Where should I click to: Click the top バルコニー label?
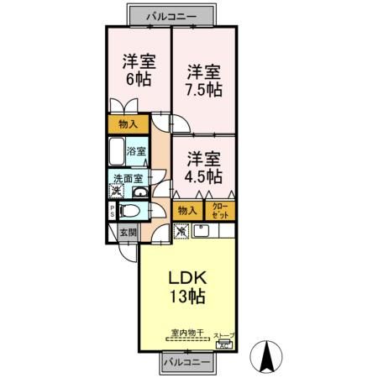tap(171, 15)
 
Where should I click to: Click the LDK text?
tap(188, 277)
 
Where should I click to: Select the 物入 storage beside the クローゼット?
tap(187, 210)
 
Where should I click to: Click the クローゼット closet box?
tap(220, 210)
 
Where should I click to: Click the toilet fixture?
tap(129, 212)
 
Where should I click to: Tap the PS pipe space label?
tap(111, 212)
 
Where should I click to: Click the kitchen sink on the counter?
tap(202, 230)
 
